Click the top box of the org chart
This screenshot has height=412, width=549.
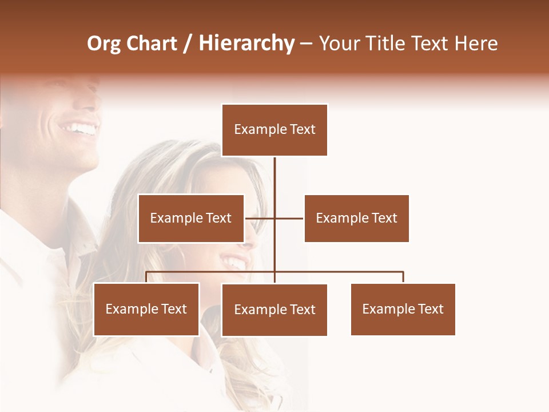274,130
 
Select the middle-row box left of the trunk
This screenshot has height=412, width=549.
191,218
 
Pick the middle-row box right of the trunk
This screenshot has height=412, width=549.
356,218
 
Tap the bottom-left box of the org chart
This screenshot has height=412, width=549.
146,309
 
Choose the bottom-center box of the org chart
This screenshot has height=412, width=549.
274,310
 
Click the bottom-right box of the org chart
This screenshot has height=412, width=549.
403,309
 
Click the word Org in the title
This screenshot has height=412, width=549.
104,43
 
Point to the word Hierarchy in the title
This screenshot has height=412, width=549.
246,43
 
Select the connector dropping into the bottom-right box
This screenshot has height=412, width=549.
403,277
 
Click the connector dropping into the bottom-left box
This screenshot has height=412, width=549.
146,277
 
